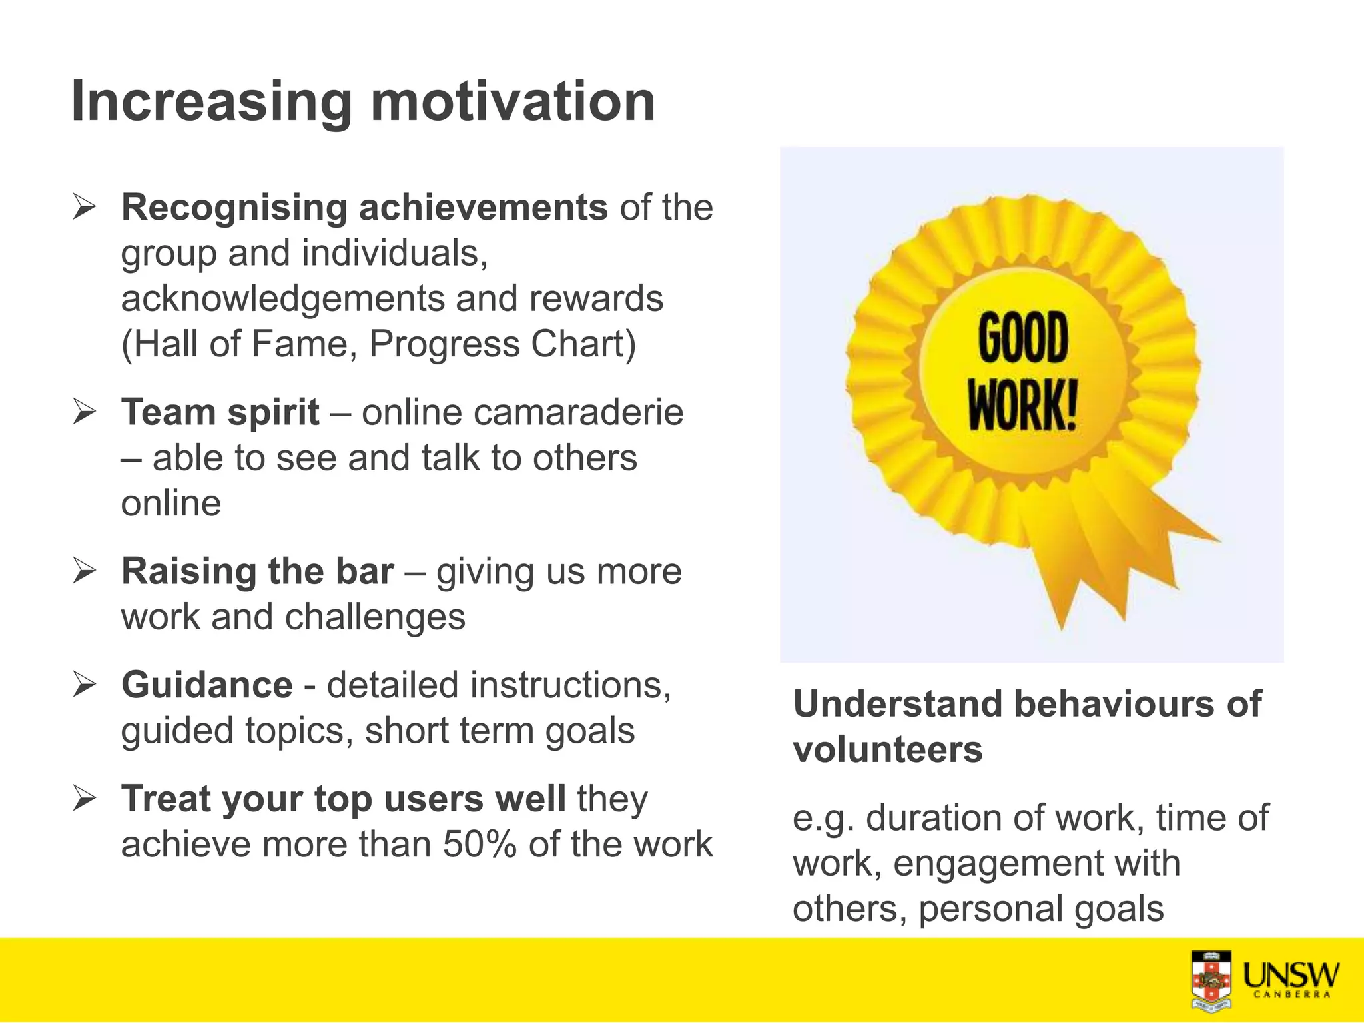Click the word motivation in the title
pyautogui.click(x=513, y=102)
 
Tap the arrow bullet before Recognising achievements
pyautogui.click(x=85, y=207)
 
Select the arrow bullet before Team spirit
pyautogui.click(x=85, y=412)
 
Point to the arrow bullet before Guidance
pyautogui.click(x=85, y=685)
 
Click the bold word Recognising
pyautogui.click(x=234, y=208)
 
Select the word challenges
pyautogui.click(x=375, y=617)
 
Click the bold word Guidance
pyautogui.click(x=206, y=685)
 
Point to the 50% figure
pyautogui.click(x=480, y=845)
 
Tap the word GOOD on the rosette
pyautogui.click(x=1023, y=338)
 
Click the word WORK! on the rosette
pyautogui.click(x=1022, y=405)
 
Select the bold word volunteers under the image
pyautogui.click(x=887, y=750)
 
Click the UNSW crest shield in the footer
pyautogui.click(x=1211, y=980)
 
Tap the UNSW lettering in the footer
pyautogui.click(x=1291, y=975)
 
